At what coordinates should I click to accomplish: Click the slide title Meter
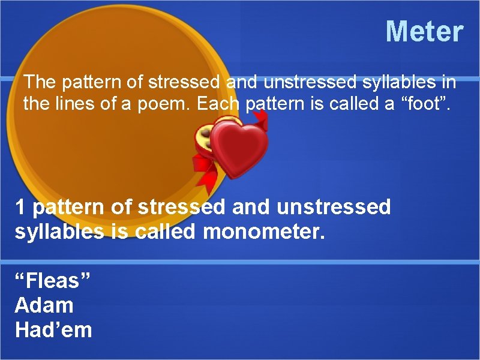tap(424, 31)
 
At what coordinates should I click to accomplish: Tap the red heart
tap(239, 148)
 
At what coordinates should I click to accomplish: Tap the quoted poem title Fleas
tap(53, 280)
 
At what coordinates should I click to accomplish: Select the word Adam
tap(44, 305)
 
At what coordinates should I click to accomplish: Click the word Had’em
tap(53, 330)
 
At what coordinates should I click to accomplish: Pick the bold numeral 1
tap(20, 208)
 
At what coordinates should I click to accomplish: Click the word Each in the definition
tap(218, 104)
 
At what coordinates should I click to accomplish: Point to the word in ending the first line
tap(449, 81)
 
